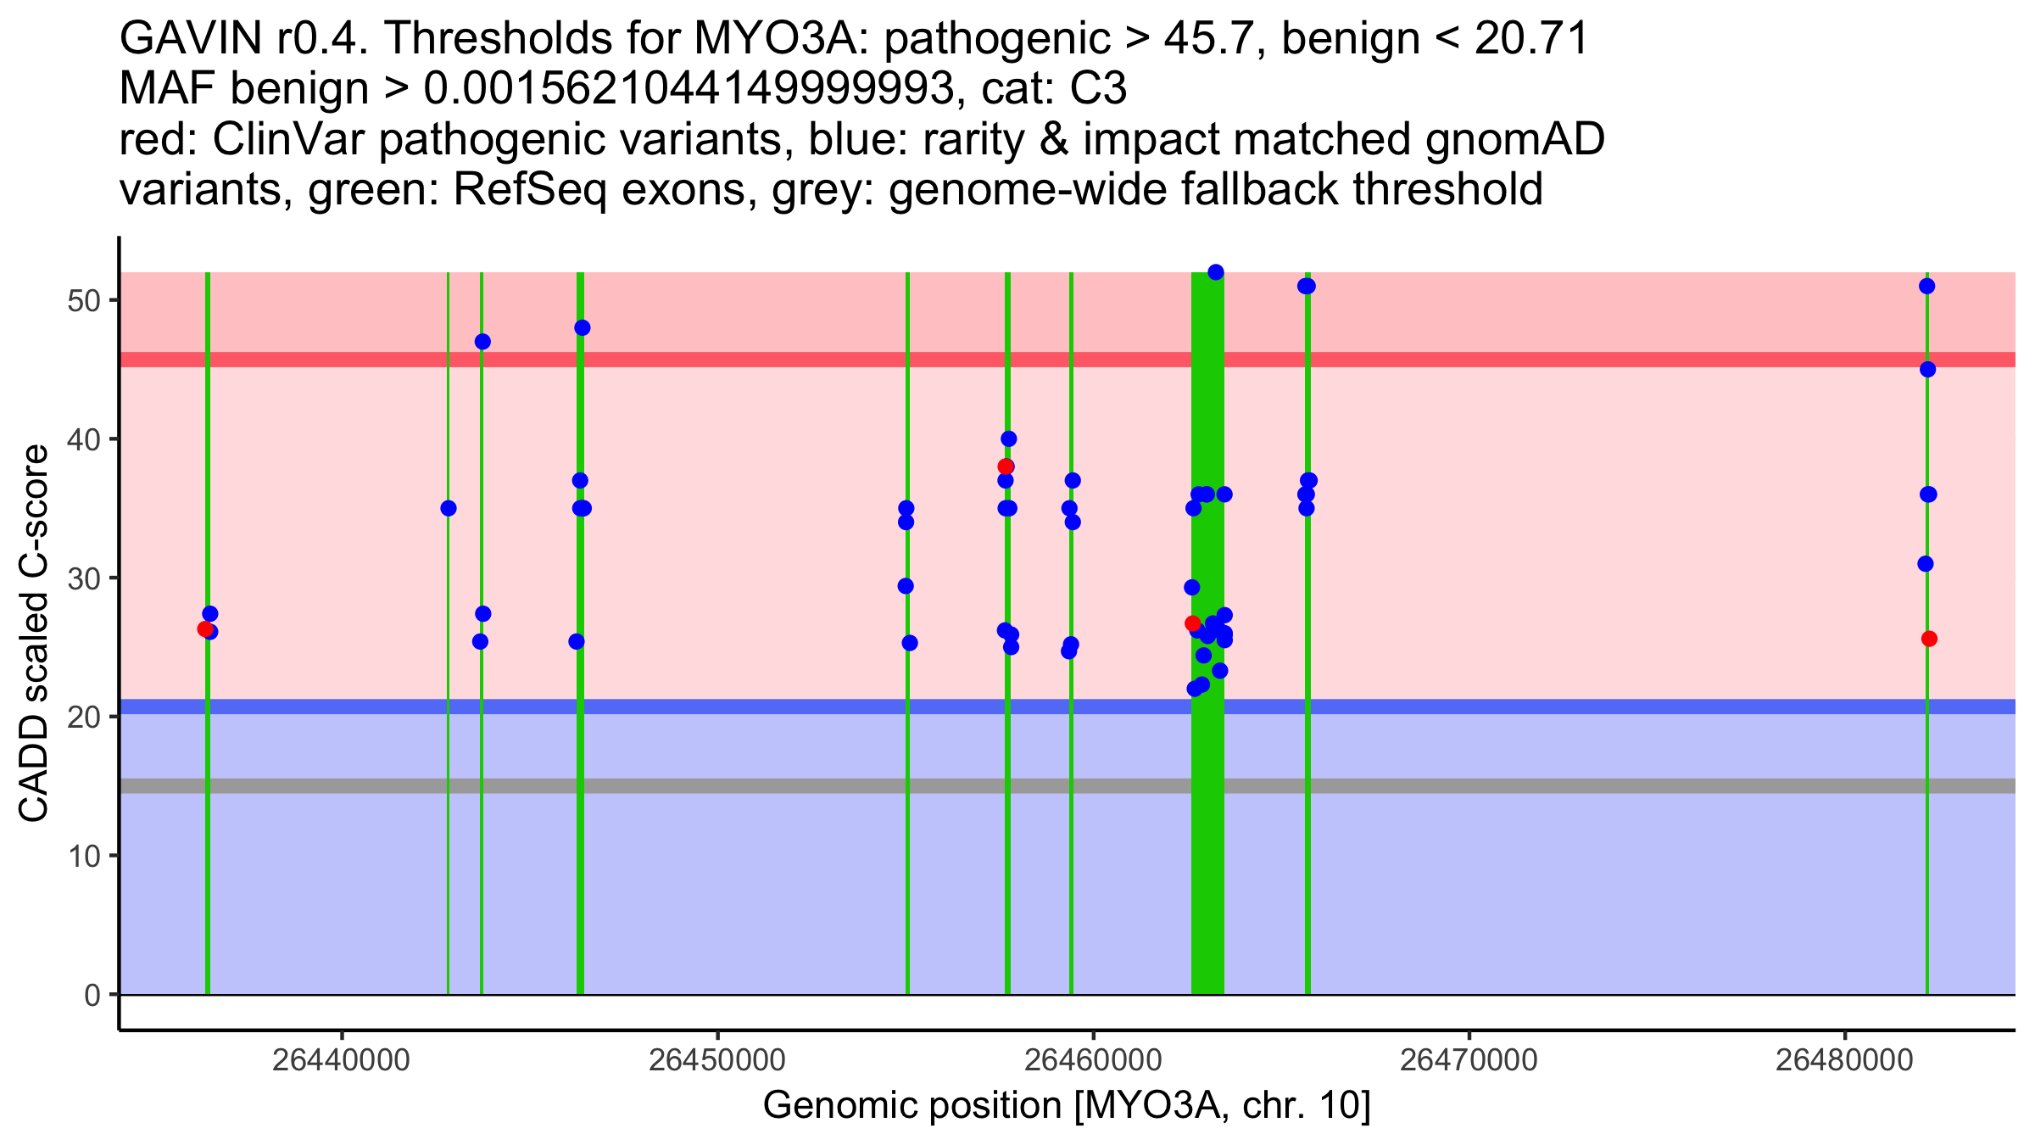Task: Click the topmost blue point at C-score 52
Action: click(x=1215, y=272)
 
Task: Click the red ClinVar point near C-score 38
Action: click(x=1005, y=466)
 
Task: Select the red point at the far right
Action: click(x=1929, y=639)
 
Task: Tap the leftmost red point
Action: click(x=205, y=629)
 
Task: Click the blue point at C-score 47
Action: click(x=482, y=342)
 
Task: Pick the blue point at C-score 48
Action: click(x=582, y=328)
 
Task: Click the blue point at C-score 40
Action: click(x=1008, y=438)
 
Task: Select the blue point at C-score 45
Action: click(x=1927, y=370)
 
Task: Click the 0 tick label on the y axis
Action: click(x=92, y=995)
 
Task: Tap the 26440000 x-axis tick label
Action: click(x=342, y=1060)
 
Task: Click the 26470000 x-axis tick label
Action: click(x=1469, y=1060)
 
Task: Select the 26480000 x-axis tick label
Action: click(x=1844, y=1060)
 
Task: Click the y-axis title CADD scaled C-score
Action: click(x=34, y=634)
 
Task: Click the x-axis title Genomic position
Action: click(x=1067, y=1106)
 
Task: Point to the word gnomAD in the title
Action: click(x=1515, y=139)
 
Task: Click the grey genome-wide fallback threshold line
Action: click(x=1068, y=786)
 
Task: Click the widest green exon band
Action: click(x=1207, y=633)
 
